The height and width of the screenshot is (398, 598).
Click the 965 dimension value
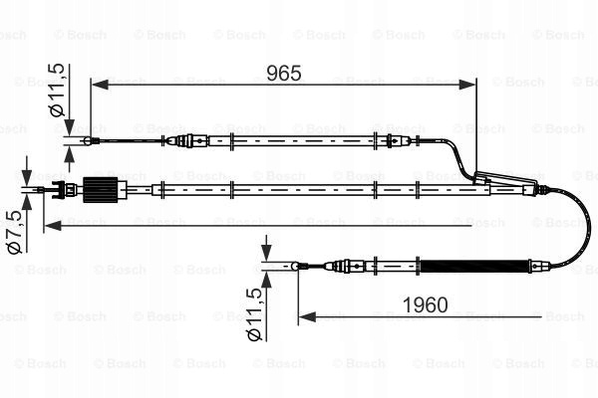tap(284, 73)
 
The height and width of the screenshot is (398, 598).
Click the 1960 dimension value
tap(425, 305)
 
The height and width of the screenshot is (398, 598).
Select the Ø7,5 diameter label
tap(15, 232)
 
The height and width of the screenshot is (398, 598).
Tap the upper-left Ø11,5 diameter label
tap(57, 90)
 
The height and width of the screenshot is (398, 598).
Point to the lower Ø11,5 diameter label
tap(254, 314)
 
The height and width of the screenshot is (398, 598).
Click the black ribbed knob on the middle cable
tap(101, 190)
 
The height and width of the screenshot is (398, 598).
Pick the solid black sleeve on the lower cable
tap(474, 266)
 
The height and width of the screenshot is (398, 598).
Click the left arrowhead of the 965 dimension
tap(100, 85)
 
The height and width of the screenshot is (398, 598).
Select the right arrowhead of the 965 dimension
tap(468, 85)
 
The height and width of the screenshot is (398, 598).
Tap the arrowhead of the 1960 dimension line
tap(307, 316)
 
